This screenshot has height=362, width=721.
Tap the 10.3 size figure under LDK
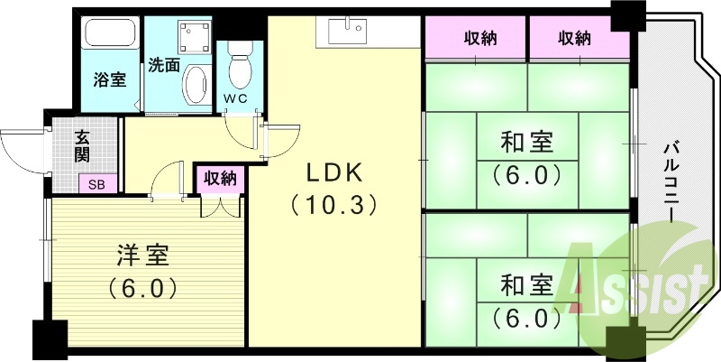[333, 205]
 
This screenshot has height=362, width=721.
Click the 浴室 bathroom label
[109, 79]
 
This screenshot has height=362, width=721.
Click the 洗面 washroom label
[164, 65]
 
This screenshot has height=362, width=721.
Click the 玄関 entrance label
[83, 146]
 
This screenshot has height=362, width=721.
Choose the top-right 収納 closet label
[574, 39]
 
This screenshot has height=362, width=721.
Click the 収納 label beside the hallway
[219, 179]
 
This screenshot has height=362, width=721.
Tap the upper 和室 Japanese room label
[526, 142]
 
